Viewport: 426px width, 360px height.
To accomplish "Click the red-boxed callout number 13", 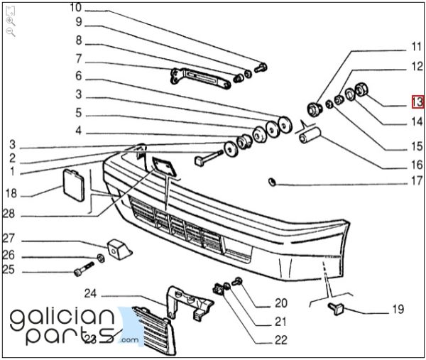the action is pos(417,102).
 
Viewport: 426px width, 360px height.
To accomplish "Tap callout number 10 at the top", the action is pos(76,7).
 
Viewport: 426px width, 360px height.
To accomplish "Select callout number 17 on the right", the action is pos(417,180).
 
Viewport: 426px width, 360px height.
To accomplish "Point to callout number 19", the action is pos(398,309).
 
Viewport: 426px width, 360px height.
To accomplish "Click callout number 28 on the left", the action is pos(9,214).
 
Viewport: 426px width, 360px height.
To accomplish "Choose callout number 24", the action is pos(90,293).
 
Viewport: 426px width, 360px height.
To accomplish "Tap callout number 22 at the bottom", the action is pos(281,340).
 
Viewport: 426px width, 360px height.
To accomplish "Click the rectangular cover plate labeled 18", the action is pos(74,185).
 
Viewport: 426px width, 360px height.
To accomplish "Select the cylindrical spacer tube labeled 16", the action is pos(310,135).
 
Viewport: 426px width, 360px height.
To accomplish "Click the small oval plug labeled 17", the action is pos(272,182).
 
